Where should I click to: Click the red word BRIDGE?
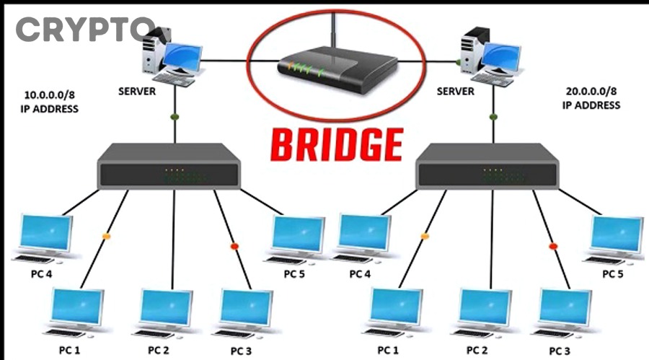coord(336,144)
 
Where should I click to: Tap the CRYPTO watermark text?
coord(84,29)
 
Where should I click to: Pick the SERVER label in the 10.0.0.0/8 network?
coord(137,92)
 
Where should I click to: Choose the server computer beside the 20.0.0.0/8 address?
coord(490,54)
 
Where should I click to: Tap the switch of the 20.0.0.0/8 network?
coord(488,166)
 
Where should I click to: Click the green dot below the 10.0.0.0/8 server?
coord(174,116)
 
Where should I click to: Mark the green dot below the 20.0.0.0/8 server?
coord(493,116)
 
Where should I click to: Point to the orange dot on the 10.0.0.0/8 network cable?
coord(107,236)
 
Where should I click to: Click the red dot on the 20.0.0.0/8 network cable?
coord(553,247)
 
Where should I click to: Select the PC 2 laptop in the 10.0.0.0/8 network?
coord(165,312)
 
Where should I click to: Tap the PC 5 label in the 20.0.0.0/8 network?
coord(613,274)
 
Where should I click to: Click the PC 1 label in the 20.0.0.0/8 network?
coord(388,350)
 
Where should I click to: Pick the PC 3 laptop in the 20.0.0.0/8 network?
coord(565,312)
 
